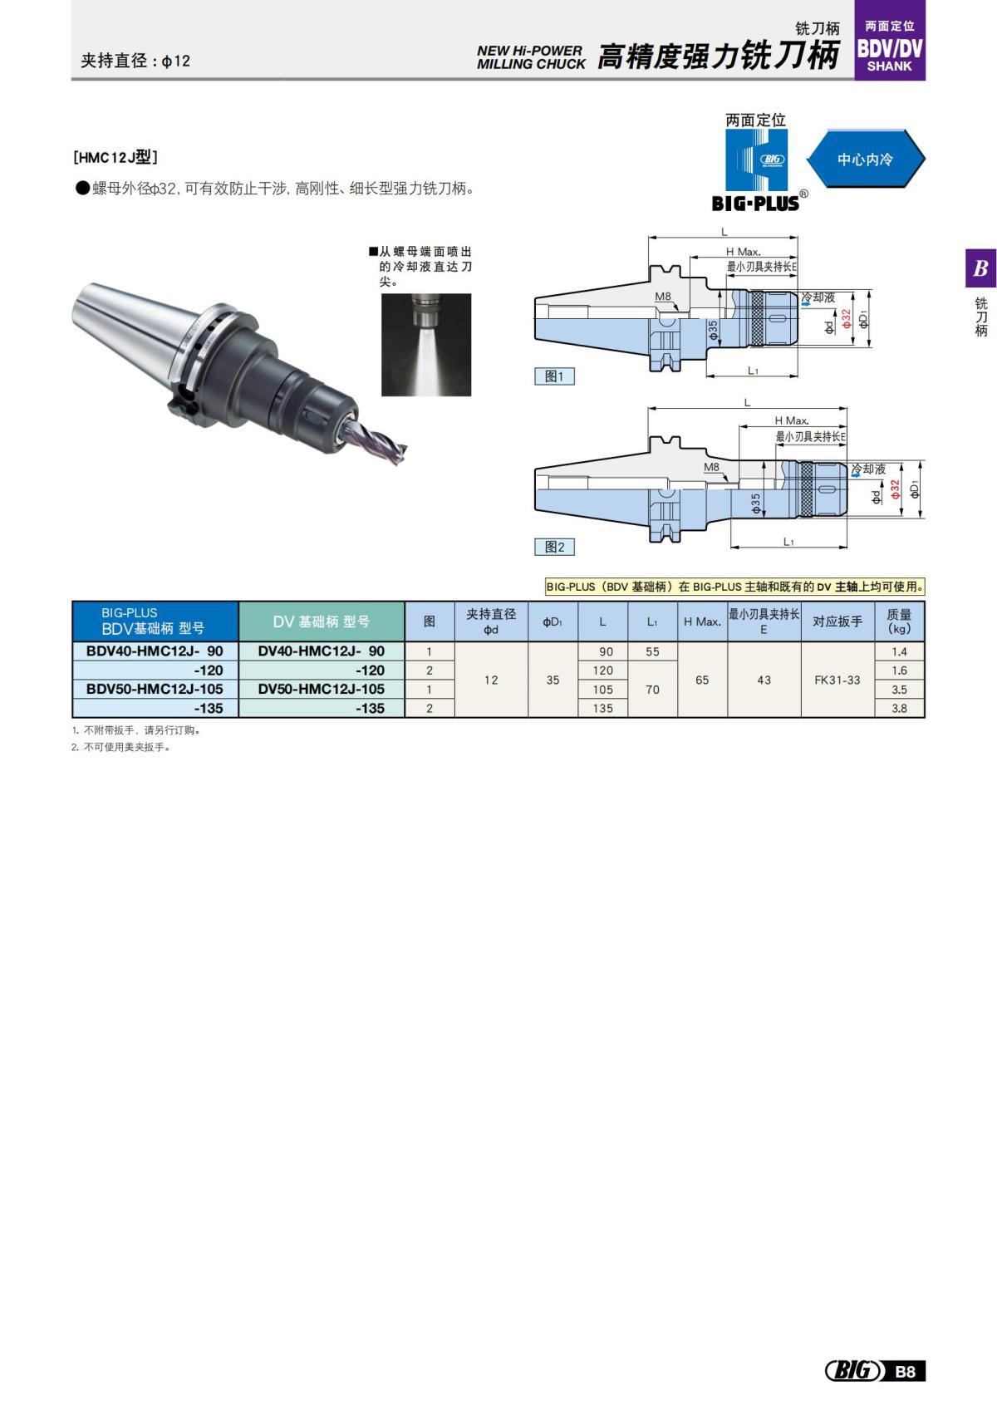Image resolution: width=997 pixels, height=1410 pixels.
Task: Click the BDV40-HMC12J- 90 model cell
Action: (x=155, y=651)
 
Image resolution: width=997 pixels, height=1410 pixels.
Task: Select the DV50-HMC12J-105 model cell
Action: (x=321, y=689)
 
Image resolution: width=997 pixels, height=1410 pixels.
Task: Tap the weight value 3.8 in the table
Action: (x=899, y=709)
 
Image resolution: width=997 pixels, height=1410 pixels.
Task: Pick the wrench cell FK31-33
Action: (x=837, y=680)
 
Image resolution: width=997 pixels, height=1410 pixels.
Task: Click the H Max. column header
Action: (x=702, y=621)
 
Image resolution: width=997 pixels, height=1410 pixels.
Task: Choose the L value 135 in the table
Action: (x=602, y=709)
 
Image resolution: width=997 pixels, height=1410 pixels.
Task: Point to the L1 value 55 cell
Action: (x=652, y=652)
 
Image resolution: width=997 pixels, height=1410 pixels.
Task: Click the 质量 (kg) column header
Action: (x=899, y=621)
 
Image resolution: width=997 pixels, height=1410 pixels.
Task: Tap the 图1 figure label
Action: (x=554, y=376)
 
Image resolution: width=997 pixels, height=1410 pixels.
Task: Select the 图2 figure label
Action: (x=554, y=547)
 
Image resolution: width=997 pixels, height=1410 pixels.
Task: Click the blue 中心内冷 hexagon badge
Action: (x=865, y=159)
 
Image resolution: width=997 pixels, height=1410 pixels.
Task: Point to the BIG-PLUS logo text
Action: (x=755, y=203)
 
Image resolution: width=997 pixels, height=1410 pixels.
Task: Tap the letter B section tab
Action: (x=980, y=268)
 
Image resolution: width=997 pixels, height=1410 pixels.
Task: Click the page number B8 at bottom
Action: (x=906, y=1371)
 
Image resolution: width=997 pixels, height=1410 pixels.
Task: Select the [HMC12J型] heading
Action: (x=115, y=156)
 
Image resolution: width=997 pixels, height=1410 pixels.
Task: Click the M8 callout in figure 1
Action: (x=662, y=297)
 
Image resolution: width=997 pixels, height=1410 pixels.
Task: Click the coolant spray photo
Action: (x=426, y=344)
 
